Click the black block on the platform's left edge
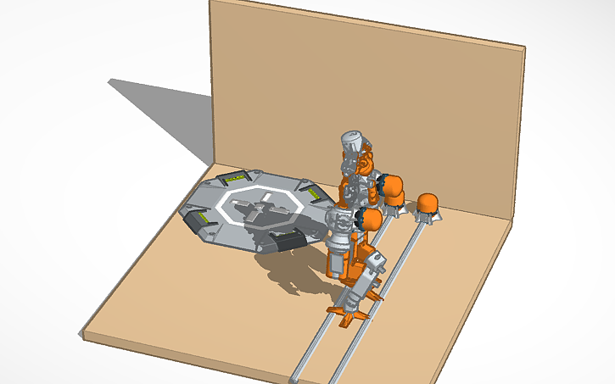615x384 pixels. (204, 222)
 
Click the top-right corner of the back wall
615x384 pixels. (523, 47)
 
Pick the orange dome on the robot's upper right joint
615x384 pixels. (394, 186)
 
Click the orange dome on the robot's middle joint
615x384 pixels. (370, 220)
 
